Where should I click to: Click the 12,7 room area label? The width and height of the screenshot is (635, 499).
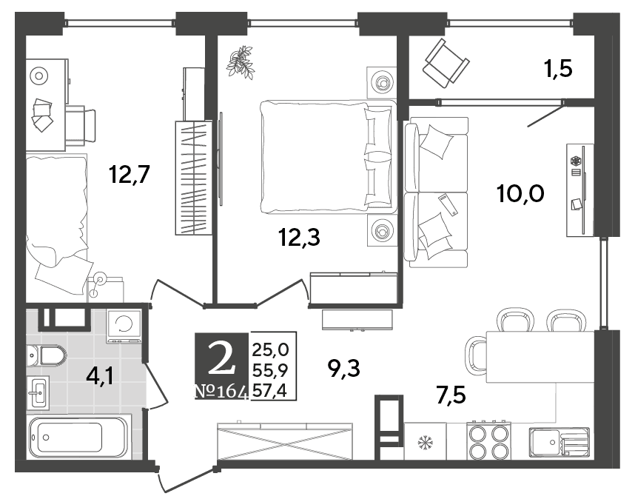(x=130, y=175)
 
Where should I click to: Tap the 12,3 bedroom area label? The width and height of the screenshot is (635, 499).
(x=299, y=238)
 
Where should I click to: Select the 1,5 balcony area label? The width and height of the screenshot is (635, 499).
(x=558, y=69)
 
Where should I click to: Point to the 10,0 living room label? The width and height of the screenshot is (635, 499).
(x=520, y=194)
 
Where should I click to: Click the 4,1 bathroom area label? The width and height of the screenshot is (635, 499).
(x=101, y=376)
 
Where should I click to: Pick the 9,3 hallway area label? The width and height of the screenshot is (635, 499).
(x=344, y=369)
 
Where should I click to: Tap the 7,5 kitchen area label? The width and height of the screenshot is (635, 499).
(x=451, y=395)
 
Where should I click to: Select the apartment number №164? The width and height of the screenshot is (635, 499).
(x=221, y=392)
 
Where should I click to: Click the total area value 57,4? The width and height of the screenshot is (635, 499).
(x=269, y=391)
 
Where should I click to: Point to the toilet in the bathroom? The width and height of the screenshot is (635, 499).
(x=47, y=356)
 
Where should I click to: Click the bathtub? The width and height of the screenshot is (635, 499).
(x=79, y=437)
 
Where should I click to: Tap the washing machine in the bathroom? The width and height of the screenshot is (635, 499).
(x=124, y=326)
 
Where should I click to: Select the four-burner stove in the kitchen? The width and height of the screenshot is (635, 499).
(x=488, y=441)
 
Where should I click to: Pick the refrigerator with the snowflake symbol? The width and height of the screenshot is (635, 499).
(x=426, y=441)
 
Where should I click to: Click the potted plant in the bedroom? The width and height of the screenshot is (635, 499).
(x=241, y=61)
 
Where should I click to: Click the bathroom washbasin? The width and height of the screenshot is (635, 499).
(x=38, y=392)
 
